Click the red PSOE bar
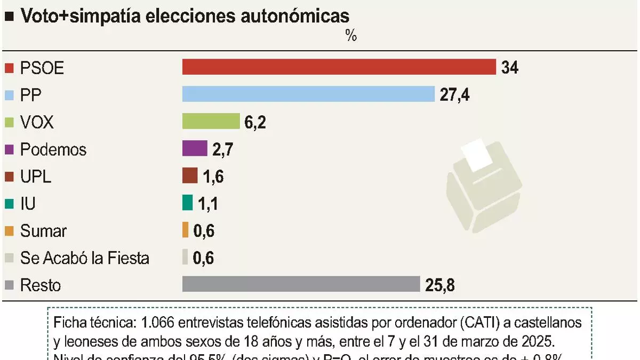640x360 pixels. [x=339, y=67]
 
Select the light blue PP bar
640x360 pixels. [x=308, y=94]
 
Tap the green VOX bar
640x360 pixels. [x=211, y=121]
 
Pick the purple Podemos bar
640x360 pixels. [x=195, y=148]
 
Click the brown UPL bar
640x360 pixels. [x=190, y=175]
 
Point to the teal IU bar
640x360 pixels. [x=187, y=203]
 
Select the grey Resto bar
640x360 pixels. [x=301, y=284]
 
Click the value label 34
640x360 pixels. [x=510, y=68]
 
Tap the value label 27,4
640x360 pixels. [x=454, y=95]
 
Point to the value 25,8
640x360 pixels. [x=440, y=285]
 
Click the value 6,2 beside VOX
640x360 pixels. [x=255, y=122]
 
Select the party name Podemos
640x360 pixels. [x=53, y=149]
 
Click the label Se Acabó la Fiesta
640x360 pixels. [x=85, y=258]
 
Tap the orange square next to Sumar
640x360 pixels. [x=9, y=231]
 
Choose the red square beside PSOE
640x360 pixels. [x=9, y=68]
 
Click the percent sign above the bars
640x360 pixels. [x=350, y=36]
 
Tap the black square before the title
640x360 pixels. [x=9, y=17]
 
